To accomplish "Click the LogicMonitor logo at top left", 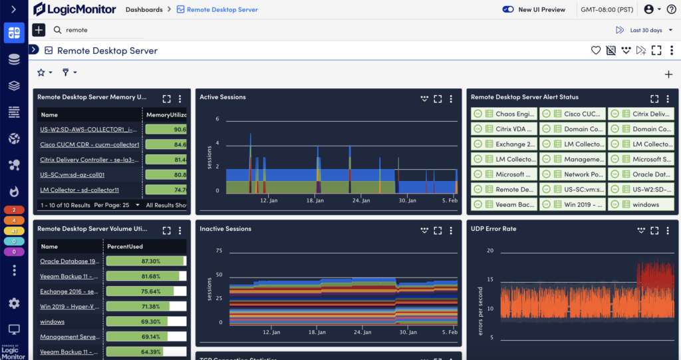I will point(73,9).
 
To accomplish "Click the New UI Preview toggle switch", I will point(508,9).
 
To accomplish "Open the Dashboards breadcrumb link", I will point(144,10).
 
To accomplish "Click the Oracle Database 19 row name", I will point(70,262).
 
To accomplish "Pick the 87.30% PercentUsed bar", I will point(145,262).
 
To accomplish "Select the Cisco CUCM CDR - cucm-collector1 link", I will point(89,144).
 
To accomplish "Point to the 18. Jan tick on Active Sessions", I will point(315,200).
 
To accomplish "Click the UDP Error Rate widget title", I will point(493,229).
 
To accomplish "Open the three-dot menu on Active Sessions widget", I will point(451,99).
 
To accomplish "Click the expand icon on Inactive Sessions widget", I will point(438,231).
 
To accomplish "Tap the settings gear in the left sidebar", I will point(14,303).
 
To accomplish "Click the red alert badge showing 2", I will point(14,210).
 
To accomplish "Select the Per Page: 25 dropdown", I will point(116,206).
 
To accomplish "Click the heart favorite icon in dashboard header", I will point(596,51).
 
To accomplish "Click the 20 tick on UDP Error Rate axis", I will point(489,251).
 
